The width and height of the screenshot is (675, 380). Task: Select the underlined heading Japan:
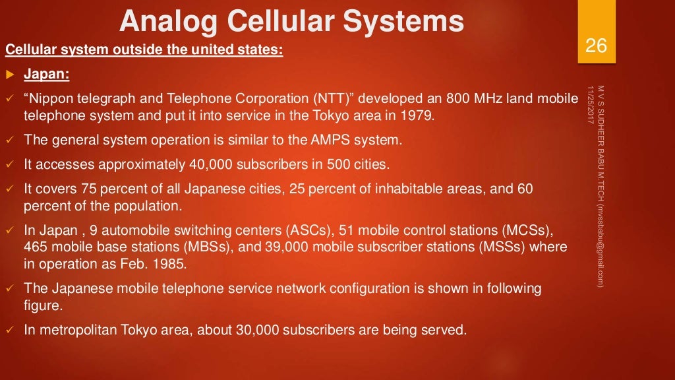pos(47,74)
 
